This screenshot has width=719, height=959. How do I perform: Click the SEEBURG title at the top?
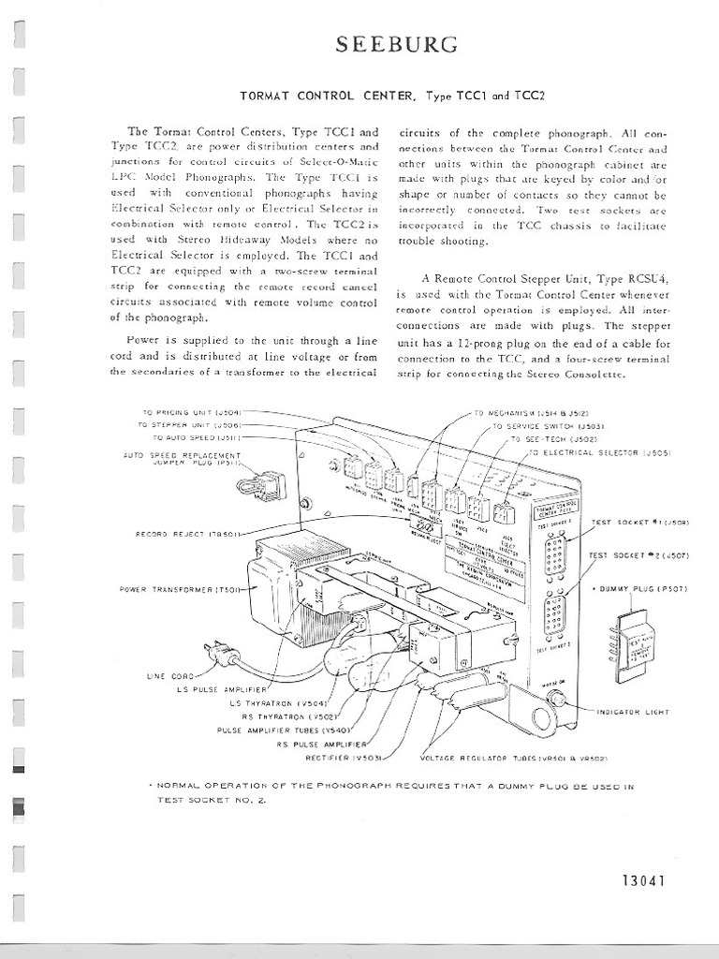click(384, 45)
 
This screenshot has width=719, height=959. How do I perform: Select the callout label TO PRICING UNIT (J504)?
click(193, 412)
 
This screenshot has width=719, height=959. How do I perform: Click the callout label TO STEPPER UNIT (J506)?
click(191, 424)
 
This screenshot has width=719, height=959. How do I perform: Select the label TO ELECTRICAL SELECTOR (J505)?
click(594, 452)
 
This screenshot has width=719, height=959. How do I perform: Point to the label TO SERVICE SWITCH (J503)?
click(545, 426)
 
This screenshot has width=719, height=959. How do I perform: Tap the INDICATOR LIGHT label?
click(633, 712)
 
